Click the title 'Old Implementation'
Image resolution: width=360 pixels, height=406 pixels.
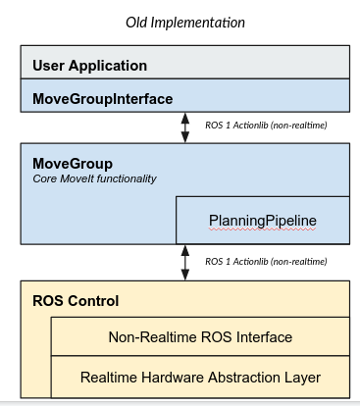185,22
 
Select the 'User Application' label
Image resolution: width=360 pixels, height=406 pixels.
89,66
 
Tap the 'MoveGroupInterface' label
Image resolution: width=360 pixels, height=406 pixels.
102,99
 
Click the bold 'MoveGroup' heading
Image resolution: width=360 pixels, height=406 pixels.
73,163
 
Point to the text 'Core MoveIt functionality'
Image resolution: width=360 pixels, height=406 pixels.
94,178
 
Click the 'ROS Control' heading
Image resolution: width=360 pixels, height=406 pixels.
77,300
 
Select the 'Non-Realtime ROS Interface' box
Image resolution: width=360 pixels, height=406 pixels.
199,337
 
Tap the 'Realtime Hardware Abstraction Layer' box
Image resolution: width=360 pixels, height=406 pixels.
199,377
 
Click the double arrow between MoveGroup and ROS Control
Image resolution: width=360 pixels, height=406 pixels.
185,262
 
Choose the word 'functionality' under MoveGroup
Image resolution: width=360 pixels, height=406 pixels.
125,178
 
